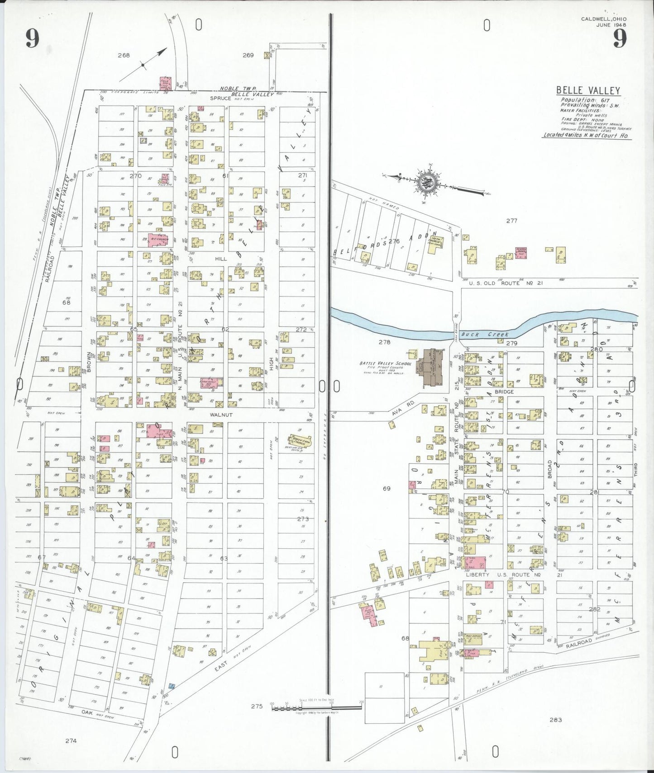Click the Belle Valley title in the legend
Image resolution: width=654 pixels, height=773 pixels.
pos(588,91)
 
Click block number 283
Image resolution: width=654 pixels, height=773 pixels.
pos(555,720)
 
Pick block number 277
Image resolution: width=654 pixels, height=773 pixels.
pos(511,221)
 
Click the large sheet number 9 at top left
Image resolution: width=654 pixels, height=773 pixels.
pos(32,38)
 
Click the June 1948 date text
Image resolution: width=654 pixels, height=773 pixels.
pos(611,25)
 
